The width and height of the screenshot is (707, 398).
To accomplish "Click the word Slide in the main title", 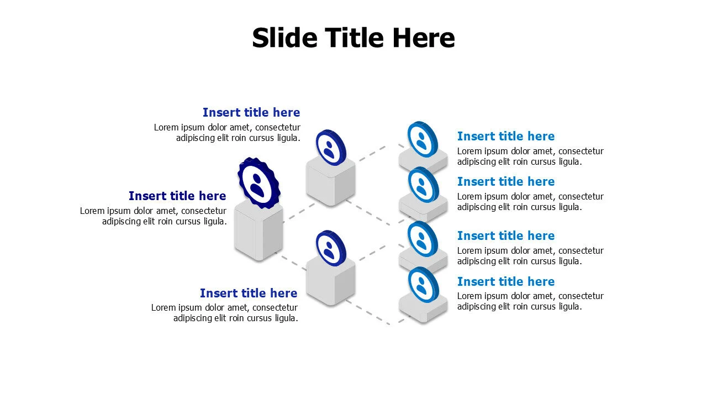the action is (x=284, y=38).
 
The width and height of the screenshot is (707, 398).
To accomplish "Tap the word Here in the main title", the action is (x=424, y=38).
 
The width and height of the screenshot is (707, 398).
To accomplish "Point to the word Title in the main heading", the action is (x=355, y=38).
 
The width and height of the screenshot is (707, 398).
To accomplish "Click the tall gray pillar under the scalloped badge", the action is (x=258, y=232).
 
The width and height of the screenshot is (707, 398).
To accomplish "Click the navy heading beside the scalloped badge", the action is (x=177, y=196).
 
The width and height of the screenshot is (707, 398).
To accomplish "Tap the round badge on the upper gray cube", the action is (x=331, y=148).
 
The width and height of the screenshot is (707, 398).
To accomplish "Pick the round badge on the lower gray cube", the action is (x=331, y=248).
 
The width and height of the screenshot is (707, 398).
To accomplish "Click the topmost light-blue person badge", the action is (x=423, y=139).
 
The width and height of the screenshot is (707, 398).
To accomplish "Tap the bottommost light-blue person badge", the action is (x=423, y=285).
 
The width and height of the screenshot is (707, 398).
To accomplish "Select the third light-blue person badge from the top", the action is (x=423, y=239).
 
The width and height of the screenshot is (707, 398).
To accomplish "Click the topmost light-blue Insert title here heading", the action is (x=506, y=136).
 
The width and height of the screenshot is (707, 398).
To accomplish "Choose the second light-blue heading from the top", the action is (x=506, y=182).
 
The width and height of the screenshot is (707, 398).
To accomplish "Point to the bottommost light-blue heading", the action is (x=506, y=281).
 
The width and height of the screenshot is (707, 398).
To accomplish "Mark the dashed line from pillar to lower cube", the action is (x=291, y=261).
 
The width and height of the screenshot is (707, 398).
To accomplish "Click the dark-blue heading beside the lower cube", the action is (x=249, y=293).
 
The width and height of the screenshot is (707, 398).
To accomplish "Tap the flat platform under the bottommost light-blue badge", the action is (x=423, y=308).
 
